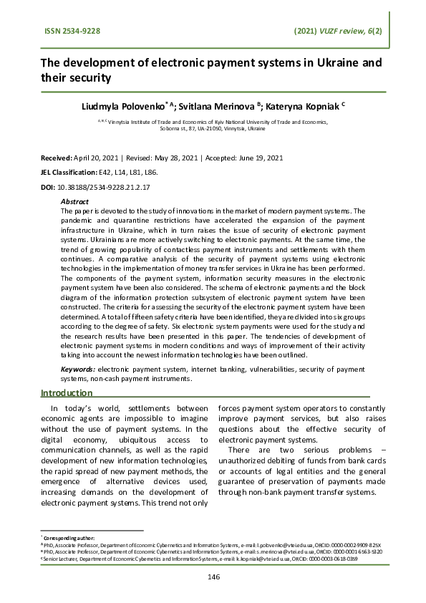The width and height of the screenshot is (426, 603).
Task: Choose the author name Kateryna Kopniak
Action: click(x=302, y=105)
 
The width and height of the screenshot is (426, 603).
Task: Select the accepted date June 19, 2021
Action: click(x=258, y=158)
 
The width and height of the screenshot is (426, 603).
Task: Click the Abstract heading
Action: click(x=75, y=202)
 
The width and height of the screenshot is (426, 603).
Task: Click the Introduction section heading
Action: click(x=67, y=393)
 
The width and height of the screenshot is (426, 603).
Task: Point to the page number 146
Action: click(x=213, y=577)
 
